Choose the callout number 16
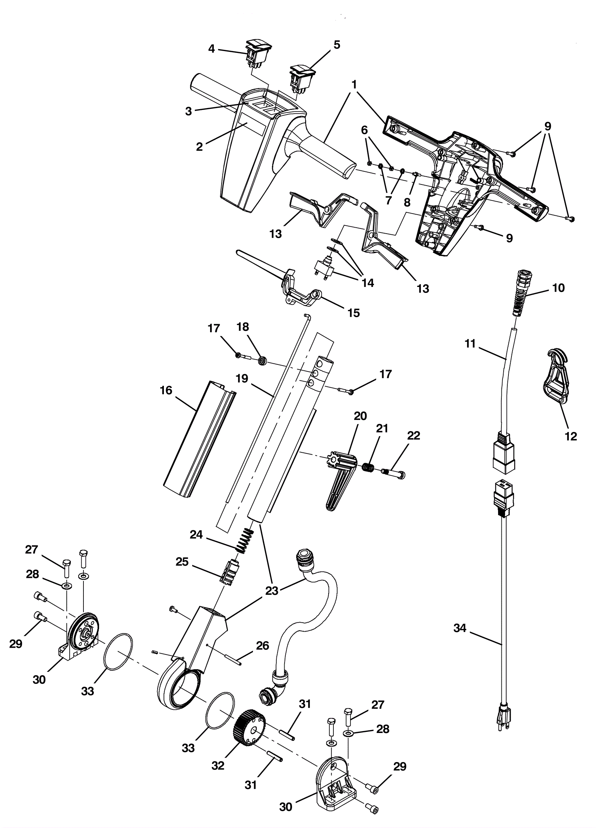tap(166, 391)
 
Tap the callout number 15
tap(354, 313)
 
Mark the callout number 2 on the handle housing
tap(200, 146)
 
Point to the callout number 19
tap(242, 379)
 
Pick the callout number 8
tap(407, 202)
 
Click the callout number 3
tap(188, 111)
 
